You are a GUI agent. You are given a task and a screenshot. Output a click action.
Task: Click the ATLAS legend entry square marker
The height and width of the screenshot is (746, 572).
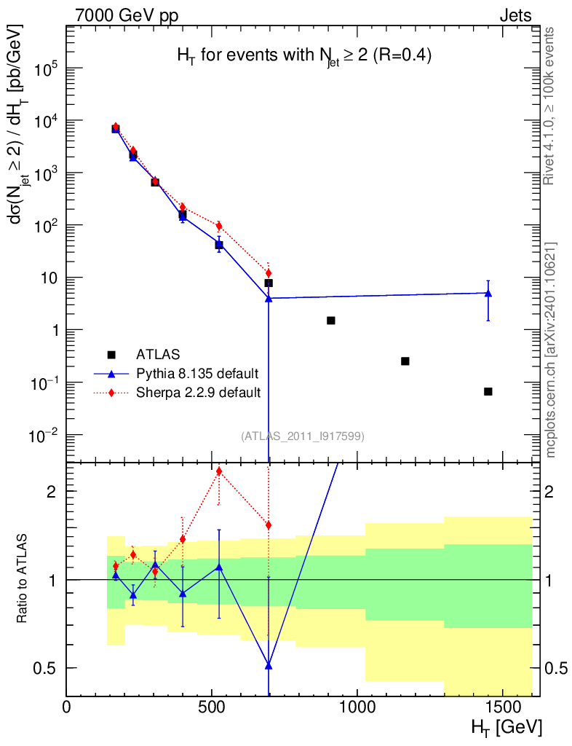(x=111, y=355)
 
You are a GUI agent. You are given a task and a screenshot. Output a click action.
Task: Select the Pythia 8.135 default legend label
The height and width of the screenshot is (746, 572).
(x=197, y=374)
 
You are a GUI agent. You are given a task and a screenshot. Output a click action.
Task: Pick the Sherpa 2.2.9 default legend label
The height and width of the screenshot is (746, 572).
(x=198, y=393)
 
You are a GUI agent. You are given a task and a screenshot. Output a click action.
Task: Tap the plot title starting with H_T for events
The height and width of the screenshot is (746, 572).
(x=304, y=56)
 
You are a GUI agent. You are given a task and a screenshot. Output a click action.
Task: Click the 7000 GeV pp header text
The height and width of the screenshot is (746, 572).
(x=127, y=16)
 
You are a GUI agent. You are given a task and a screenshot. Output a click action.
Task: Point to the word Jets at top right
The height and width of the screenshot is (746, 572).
(x=515, y=16)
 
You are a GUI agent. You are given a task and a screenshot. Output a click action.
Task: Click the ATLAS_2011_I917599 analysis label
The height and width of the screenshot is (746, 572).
(x=303, y=436)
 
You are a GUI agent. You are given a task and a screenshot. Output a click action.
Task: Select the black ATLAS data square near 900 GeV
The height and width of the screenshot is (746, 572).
(x=330, y=321)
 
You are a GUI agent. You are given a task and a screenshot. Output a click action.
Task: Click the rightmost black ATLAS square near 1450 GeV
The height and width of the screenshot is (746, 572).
(x=488, y=391)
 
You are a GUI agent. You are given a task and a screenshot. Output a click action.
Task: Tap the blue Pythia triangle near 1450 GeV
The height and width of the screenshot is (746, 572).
(x=488, y=294)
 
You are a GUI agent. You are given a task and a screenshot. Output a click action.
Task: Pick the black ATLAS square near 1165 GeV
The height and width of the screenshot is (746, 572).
(x=405, y=361)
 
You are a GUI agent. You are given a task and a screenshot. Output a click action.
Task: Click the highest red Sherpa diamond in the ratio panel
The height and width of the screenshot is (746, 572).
(x=219, y=471)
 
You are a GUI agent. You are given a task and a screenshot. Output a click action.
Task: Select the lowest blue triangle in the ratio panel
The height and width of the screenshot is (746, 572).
(x=269, y=666)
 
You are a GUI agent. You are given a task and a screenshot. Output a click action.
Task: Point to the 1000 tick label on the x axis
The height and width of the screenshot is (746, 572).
(x=357, y=707)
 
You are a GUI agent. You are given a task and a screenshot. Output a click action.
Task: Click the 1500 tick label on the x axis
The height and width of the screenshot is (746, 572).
(x=501, y=707)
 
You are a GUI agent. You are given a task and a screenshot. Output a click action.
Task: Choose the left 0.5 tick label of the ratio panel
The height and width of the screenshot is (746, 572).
(x=44, y=669)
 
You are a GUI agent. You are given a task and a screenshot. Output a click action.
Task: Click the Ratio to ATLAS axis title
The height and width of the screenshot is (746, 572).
(x=22, y=578)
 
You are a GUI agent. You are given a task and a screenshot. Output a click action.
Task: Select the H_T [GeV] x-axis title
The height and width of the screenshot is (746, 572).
(x=507, y=728)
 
